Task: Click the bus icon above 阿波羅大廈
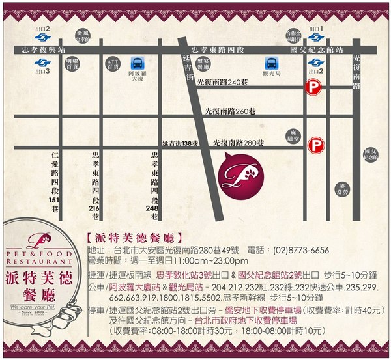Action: (x=138, y=63)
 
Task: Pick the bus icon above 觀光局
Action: (x=270, y=63)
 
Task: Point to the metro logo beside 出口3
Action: (x=40, y=62)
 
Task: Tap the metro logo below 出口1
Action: (x=314, y=37)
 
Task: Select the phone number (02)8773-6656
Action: (x=302, y=250)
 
